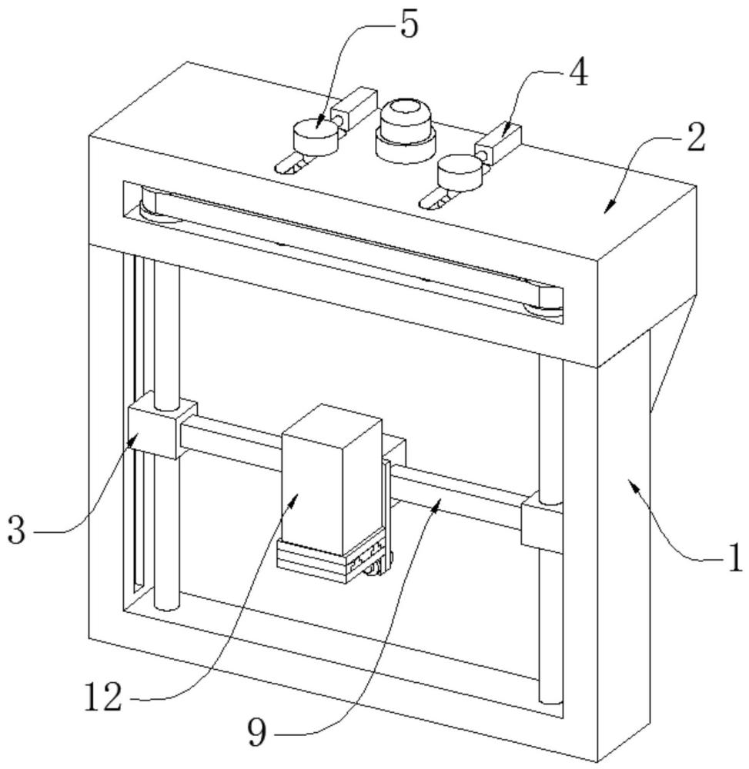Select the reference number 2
tap(697, 138)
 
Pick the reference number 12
tap(104, 697)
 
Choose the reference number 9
tap(256, 732)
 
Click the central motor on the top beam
tap(406, 129)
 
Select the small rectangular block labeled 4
tap(498, 144)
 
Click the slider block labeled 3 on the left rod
tap(162, 429)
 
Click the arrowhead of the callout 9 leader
tap(436, 504)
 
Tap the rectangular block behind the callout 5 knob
tap(354, 108)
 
